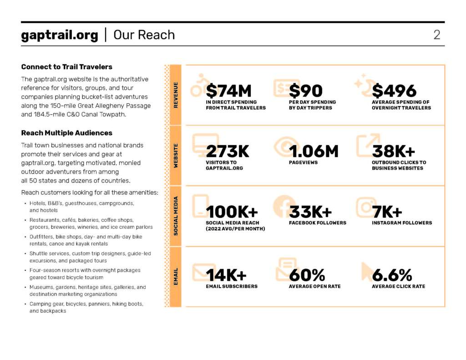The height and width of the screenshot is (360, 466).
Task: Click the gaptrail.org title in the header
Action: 59,35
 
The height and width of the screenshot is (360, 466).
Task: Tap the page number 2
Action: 436,35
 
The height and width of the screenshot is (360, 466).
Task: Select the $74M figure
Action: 228,91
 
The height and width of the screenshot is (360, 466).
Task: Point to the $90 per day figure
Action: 306,91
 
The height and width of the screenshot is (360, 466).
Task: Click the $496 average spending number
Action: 394,91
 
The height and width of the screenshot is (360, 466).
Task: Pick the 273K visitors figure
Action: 228,151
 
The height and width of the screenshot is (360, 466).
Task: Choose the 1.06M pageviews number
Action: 314,151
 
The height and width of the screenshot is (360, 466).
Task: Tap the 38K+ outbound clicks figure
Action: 393,151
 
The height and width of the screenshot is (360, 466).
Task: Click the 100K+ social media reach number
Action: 232,212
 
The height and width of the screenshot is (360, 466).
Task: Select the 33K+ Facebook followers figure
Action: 310,212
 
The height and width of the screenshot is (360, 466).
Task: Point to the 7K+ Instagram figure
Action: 387,212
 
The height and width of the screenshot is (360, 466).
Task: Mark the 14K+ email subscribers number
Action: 226,275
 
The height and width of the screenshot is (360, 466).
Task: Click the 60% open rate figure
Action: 307,275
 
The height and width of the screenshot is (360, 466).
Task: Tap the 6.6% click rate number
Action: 392,275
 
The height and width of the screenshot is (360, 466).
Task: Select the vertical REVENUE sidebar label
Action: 176,95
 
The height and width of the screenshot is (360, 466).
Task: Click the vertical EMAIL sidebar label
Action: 176,276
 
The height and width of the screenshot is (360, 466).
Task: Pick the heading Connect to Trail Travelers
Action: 66,66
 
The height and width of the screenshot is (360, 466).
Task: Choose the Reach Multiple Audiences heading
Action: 66,133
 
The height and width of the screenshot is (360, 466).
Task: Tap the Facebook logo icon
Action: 284,206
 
